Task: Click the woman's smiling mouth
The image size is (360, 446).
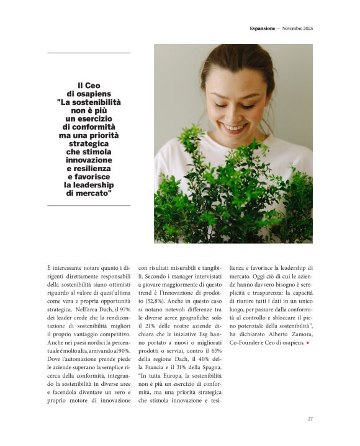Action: [236, 127]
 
